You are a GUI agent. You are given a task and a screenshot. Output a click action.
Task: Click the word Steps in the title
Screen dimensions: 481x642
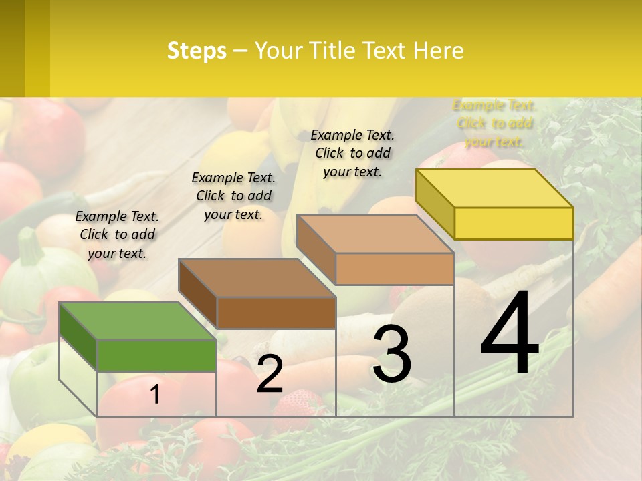click(x=196, y=51)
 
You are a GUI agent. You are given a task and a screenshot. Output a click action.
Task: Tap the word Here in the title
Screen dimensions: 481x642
click(x=438, y=51)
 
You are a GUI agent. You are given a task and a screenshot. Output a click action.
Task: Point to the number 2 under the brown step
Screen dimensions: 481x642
click(x=270, y=374)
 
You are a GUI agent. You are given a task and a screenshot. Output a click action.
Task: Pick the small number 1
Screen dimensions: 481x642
click(x=155, y=394)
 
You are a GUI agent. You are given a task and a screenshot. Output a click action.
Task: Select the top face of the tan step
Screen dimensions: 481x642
click(x=375, y=234)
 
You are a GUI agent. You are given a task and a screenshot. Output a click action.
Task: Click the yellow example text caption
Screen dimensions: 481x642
click(x=494, y=123)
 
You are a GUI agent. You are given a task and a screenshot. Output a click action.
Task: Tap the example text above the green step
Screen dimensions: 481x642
click(x=117, y=234)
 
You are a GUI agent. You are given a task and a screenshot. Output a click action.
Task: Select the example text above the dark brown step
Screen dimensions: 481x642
click(x=233, y=196)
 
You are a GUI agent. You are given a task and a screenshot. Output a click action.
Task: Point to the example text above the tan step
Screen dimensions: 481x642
click(x=352, y=153)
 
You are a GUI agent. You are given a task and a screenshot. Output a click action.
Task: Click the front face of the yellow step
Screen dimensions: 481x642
click(x=514, y=223)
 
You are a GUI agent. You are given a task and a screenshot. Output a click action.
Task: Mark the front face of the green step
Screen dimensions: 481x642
click(x=156, y=355)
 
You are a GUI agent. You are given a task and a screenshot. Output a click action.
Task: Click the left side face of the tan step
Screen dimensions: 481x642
click(x=316, y=249)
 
